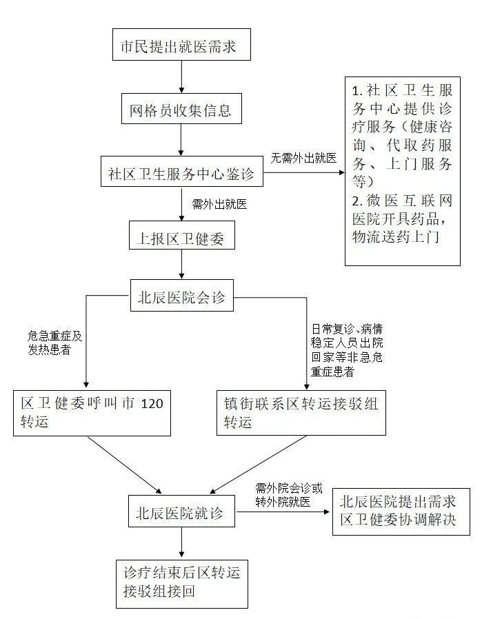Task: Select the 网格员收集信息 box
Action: [x=181, y=108]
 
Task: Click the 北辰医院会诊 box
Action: [x=181, y=298]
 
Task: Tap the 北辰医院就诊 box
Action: [x=181, y=512]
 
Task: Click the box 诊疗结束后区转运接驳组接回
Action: [x=181, y=582]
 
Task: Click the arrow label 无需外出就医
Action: [x=303, y=158]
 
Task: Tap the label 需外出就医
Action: [x=219, y=204]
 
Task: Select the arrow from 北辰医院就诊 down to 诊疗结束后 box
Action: [x=181, y=544]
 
